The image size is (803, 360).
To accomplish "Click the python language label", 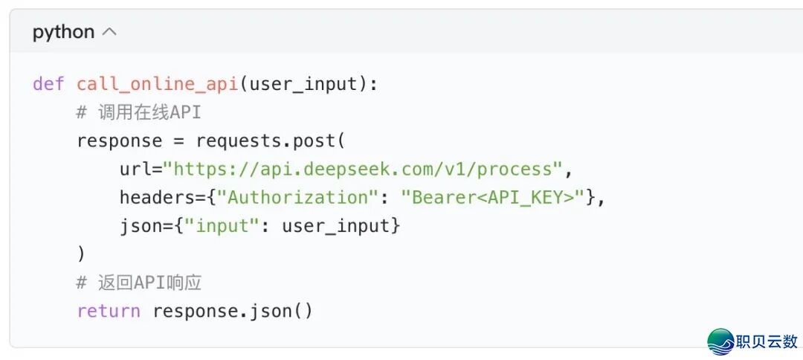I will (63, 32).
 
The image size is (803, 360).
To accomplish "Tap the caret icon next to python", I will (109, 32).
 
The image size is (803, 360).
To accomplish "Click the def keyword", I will (48, 83).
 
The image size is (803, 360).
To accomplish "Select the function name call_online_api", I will (156, 83).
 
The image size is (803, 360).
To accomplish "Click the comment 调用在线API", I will (138, 112).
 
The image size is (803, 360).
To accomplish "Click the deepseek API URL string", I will (364, 169).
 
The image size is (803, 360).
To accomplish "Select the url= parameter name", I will (141, 169).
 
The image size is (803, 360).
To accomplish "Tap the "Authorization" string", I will (298, 197).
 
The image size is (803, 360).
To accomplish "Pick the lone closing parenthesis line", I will (81, 254).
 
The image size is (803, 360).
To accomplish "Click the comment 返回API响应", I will (138, 283).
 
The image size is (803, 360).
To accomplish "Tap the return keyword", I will (108, 311).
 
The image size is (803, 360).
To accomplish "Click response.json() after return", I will (233, 311).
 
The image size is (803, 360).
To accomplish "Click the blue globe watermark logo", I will (720, 341).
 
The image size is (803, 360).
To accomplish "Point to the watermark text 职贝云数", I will (767, 342).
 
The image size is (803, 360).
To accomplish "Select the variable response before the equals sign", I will (119, 141).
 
